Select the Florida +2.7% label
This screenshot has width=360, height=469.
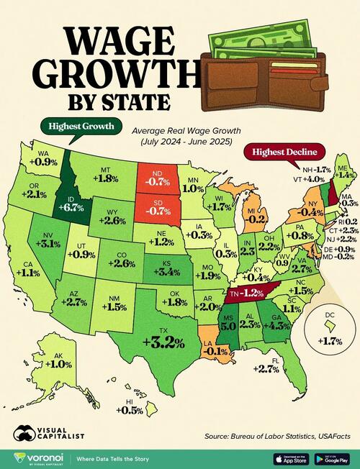[266, 369]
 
